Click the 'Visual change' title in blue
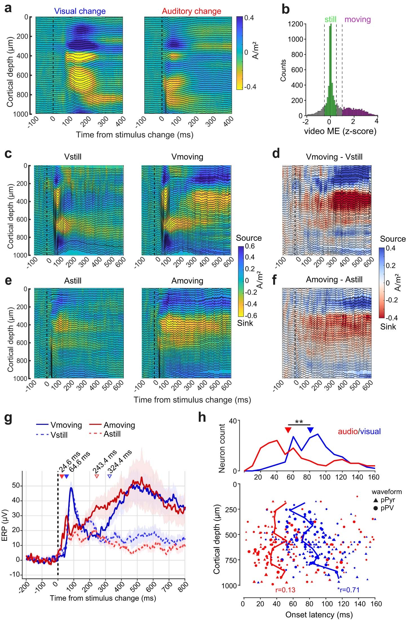[x=80, y=11]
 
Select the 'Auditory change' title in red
[x=191, y=11]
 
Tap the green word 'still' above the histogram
[x=330, y=19]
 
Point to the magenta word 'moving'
[x=358, y=19]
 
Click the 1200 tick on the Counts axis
[x=296, y=24]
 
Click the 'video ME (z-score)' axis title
[x=340, y=131]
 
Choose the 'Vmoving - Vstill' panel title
[x=334, y=156]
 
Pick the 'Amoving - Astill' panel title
[x=334, y=279]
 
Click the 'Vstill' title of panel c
[x=73, y=156]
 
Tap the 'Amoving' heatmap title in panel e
[x=187, y=281]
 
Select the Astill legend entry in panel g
[x=112, y=434]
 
